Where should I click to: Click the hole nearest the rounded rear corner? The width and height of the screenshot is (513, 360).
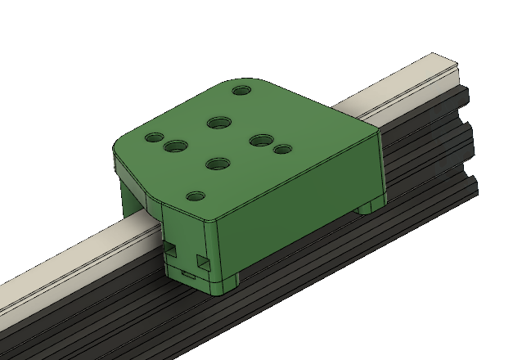(x=241, y=90)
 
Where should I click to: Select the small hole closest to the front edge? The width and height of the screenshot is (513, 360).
(x=195, y=196)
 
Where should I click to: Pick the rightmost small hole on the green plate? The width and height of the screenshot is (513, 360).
(x=282, y=150)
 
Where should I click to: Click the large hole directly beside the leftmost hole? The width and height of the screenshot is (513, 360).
(x=174, y=146)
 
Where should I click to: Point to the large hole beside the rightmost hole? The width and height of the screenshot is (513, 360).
(x=261, y=141)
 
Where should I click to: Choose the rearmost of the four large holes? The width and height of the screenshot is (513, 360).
(x=218, y=123)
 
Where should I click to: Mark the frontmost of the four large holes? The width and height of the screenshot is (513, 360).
(x=217, y=164)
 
